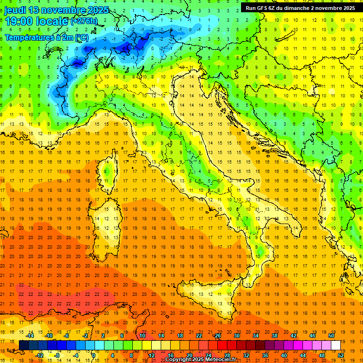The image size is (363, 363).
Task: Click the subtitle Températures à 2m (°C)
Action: [x=46, y=37]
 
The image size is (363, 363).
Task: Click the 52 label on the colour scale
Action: [x=341, y=355]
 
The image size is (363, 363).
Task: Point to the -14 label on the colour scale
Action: [x=30, y=336]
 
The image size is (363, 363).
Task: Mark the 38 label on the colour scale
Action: [x=274, y=336]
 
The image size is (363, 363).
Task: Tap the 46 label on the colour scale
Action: [x=312, y=336]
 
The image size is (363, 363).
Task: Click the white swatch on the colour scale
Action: [x=336, y=346]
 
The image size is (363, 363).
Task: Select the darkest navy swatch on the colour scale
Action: [x=24, y=346]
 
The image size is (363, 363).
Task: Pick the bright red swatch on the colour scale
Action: [x=222, y=346]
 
